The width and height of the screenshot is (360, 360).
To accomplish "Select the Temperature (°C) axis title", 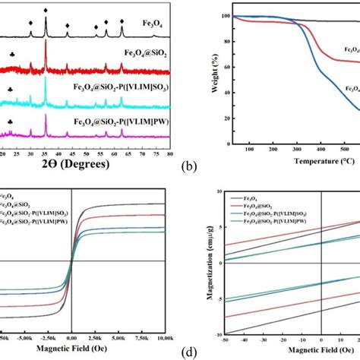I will (307, 163).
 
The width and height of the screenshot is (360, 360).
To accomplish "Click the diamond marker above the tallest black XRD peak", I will (46, 11).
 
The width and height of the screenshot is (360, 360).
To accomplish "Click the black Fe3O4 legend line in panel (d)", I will (238, 196).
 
